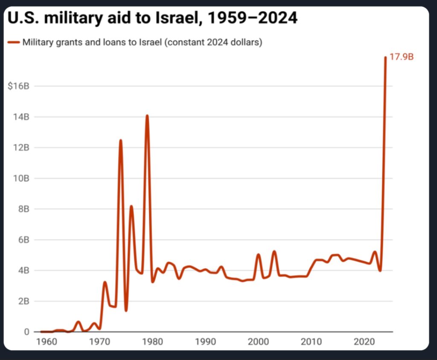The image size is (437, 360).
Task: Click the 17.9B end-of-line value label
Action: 402,57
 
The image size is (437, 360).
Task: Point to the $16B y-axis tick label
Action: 18,86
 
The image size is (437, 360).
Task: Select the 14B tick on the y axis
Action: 21,117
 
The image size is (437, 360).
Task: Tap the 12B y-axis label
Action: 21,148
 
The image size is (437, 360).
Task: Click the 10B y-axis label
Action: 21,178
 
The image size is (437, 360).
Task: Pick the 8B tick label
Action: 23,209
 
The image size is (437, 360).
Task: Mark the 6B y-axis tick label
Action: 23,240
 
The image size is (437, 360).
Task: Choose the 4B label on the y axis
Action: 23,270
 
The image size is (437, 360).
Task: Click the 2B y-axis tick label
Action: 23,301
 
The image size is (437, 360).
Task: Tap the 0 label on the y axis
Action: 26,332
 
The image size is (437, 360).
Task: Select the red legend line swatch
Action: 14,42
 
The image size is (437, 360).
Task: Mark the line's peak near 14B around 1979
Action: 147,116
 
